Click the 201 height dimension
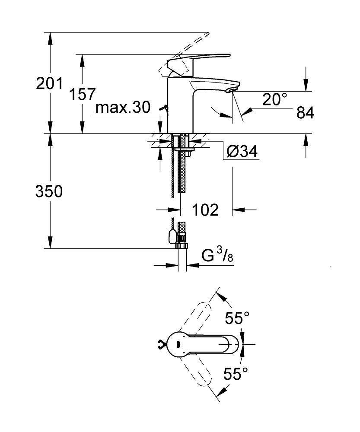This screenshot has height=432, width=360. (49, 84)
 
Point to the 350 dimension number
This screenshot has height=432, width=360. (49, 191)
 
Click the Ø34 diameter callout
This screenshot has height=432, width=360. (242, 152)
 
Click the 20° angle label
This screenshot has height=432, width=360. (275, 100)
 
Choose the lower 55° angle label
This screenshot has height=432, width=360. (236, 373)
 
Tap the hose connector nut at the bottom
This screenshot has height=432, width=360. (182, 245)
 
